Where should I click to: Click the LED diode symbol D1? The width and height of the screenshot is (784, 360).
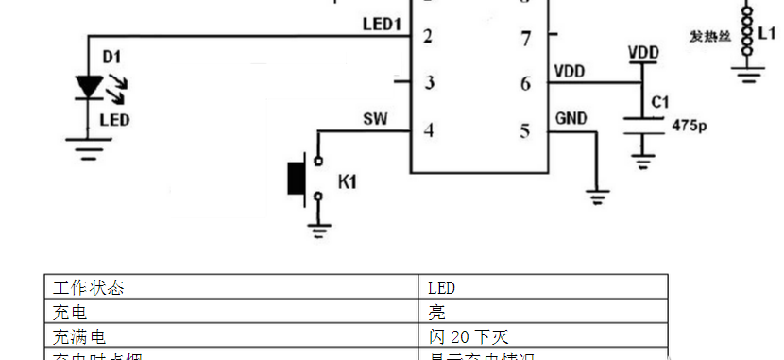(89, 87)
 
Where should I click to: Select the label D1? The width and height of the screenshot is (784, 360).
(111, 58)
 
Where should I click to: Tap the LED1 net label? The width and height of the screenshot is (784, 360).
(382, 24)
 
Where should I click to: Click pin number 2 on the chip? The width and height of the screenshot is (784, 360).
(429, 38)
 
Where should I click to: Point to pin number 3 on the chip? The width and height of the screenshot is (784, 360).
(429, 83)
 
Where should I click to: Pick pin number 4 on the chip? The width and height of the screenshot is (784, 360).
(429, 130)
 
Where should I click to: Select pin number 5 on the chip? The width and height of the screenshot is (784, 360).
(526, 130)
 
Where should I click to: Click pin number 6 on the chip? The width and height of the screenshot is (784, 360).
(526, 83)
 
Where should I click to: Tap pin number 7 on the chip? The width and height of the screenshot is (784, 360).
(526, 39)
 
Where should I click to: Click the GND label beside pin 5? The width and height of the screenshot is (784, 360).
(571, 119)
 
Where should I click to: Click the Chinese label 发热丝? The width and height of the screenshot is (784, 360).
(708, 37)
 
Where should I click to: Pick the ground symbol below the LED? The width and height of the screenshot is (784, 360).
(89, 148)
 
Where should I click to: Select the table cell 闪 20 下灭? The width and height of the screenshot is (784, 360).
(469, 336)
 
